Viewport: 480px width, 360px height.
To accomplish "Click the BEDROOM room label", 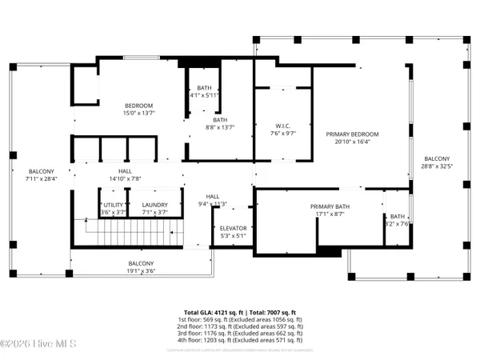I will (x=138, y=106).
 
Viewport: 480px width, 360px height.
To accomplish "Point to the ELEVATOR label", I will (x=234, y=228).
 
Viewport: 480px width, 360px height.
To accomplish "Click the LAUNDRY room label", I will (x=154, y=205).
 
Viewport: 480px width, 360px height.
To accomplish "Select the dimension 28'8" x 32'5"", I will (x=437, y=167).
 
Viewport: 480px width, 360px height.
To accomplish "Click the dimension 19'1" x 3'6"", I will (x=141, y=271).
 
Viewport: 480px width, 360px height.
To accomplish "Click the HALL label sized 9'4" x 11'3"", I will (x=213, y=203).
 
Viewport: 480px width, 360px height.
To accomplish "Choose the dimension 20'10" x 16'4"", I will (x=352, y=142).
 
